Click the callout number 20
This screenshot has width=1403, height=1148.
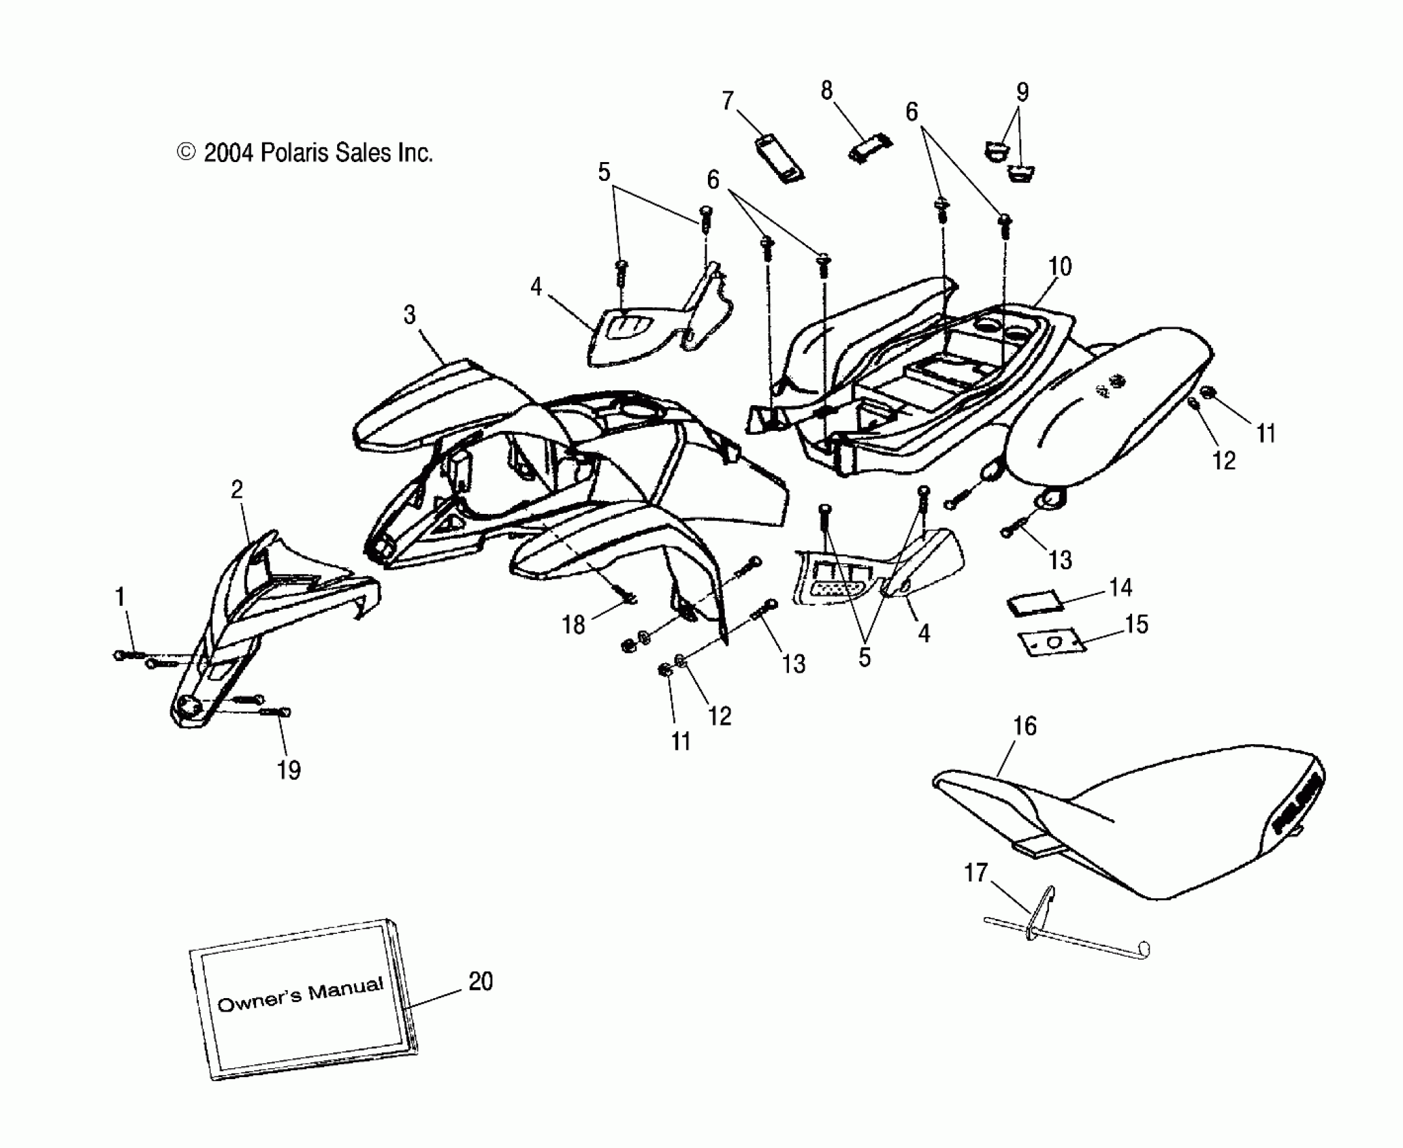pyautogui.click(x=480, y=982)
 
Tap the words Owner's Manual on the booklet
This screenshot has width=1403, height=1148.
pyautogui.click(x=300, y=995)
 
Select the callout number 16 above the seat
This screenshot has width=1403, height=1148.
pyautogui.click(x=1024, y=727)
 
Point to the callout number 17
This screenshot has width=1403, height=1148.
pyautogui.click(x=975, y=873)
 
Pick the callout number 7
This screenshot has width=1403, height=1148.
pyautogui.click(x=728, y=101)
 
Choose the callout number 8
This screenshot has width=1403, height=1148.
pyautogui.click(x=826, y=90)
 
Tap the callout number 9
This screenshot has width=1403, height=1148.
pyautogui.click(x=1022, y=92)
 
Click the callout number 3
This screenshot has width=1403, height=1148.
pyautogui.click(x=409, y=315)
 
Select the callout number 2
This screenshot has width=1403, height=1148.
pyautogui.click(x=236, y=490)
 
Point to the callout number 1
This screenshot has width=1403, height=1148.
pyautogui.click(x=120, y=597)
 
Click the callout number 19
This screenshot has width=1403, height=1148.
pyautogui.click(x=289, y=770)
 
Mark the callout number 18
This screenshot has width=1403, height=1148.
pyautogui.click(x=573, y=625)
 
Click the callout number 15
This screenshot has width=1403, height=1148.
pyautogui.click(x=1136, y=625)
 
